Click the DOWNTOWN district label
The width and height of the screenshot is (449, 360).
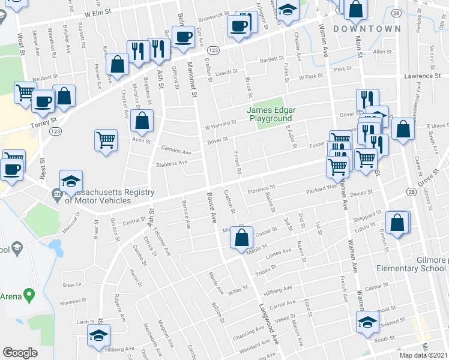(x=367, y=29)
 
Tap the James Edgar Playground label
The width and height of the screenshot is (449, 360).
(x=270, y=114)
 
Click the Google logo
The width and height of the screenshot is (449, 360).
(x=20, y=353)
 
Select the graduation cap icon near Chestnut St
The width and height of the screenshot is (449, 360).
(x=367, y=322)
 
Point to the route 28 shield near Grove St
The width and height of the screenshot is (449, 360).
(x=411, y=191)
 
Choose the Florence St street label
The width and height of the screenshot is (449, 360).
(x=262, y=189)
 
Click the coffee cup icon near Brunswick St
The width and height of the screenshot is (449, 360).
(x=239, y=26)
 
